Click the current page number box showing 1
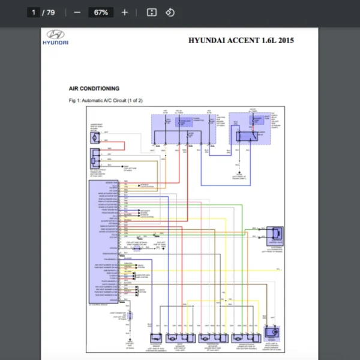pyautogui.click(x=34, y=12)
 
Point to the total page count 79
pyautogui.click(x=50, y=12)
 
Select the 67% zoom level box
pyautogui.click(x=100, y=12)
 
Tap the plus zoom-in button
pyautogui.click(x=125, y=12)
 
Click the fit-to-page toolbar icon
pyautogui.click(x=152, y=12)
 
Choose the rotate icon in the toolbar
pyautogui.click(x=170, y=12)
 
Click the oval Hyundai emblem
pyautogui.click(x=55, y=35)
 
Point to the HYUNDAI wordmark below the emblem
pyautogui.click(x=55, y=43)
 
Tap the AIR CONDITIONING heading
pyautogui.click(x=94, y=89)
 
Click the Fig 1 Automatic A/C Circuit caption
pyautogui.click(x=106, y=100)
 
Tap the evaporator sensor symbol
pyautogui.click(x=155, y=337)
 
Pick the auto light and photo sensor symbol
pyautogui.click(x=273, y=331)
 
